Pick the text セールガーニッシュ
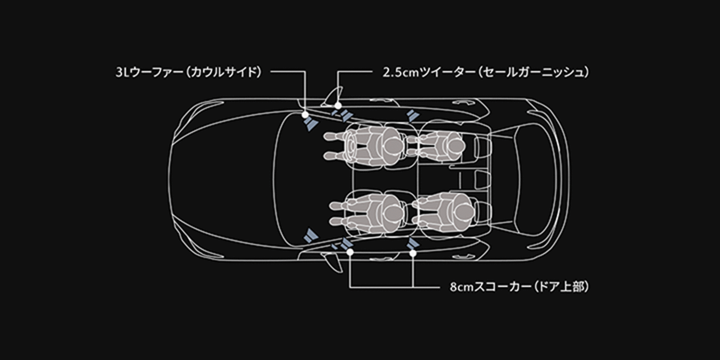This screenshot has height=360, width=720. [530, 72]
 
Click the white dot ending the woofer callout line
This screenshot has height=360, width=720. [305, 114]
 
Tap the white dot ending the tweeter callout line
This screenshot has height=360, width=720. [338, 105]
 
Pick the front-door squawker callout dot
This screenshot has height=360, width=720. [350, 252]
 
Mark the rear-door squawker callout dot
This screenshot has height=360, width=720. [413, 253]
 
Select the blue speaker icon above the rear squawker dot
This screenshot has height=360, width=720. [413, 243]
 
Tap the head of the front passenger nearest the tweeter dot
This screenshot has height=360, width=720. [391, 145]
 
